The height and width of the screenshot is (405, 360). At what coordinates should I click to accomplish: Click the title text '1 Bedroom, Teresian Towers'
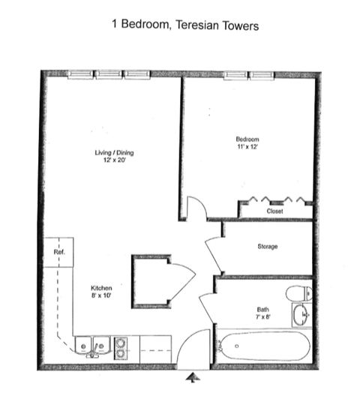(184, 25)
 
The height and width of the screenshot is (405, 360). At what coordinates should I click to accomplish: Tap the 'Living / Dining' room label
(113, 153)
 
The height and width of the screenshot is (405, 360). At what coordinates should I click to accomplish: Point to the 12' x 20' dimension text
(113, 161)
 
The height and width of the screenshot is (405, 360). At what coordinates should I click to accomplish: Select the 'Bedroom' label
(247, 139)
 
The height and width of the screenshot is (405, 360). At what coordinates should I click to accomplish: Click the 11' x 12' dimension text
(247, 147)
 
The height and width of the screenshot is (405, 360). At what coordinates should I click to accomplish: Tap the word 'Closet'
(274, 211)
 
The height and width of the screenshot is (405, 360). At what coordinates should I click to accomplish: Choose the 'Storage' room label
(267, 247)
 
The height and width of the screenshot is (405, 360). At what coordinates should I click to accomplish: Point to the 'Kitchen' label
(101, 288)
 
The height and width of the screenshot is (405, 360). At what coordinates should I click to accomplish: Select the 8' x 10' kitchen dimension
(101, 296)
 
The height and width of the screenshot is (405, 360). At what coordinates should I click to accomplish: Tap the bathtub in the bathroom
(260, 346)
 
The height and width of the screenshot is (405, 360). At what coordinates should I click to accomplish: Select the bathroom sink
(301, 316)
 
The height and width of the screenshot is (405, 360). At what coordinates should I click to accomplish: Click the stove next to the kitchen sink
(120, 345)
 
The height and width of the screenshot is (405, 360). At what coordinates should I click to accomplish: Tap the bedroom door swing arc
(193, 207)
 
